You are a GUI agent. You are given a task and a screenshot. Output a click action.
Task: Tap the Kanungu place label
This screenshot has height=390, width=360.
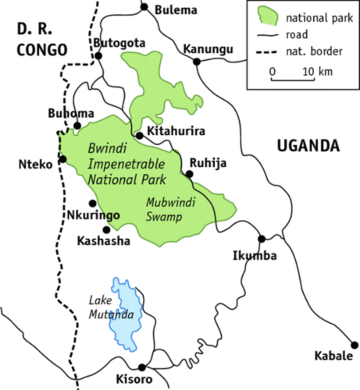[x=208, y=50]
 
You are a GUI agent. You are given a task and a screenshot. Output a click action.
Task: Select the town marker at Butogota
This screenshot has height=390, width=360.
[x=98, y=55]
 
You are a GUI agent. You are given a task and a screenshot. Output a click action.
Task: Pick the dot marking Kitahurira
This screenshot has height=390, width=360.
[x=139, y=135]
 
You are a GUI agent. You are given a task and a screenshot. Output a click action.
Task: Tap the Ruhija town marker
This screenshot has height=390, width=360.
[x=187, y=173]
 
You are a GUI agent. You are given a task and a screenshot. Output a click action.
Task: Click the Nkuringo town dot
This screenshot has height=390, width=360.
[x=92, y=203]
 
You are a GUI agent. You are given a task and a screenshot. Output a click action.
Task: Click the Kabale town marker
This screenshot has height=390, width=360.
[x=355, y=344]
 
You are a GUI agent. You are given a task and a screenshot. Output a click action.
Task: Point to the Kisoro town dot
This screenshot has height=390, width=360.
[x=141, y=367]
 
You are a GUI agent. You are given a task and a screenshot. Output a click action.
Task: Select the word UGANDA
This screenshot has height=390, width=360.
[x=308, y=146]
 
